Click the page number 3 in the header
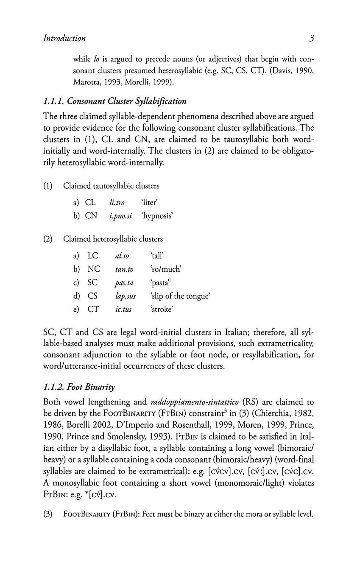pos(311,39)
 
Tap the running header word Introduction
pos(64,39)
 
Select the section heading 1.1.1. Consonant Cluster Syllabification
pos(115,101)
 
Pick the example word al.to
pos(122,256)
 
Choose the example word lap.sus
pos(125,296)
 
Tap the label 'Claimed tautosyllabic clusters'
pos(111,186)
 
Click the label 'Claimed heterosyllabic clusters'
pos(113,239)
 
